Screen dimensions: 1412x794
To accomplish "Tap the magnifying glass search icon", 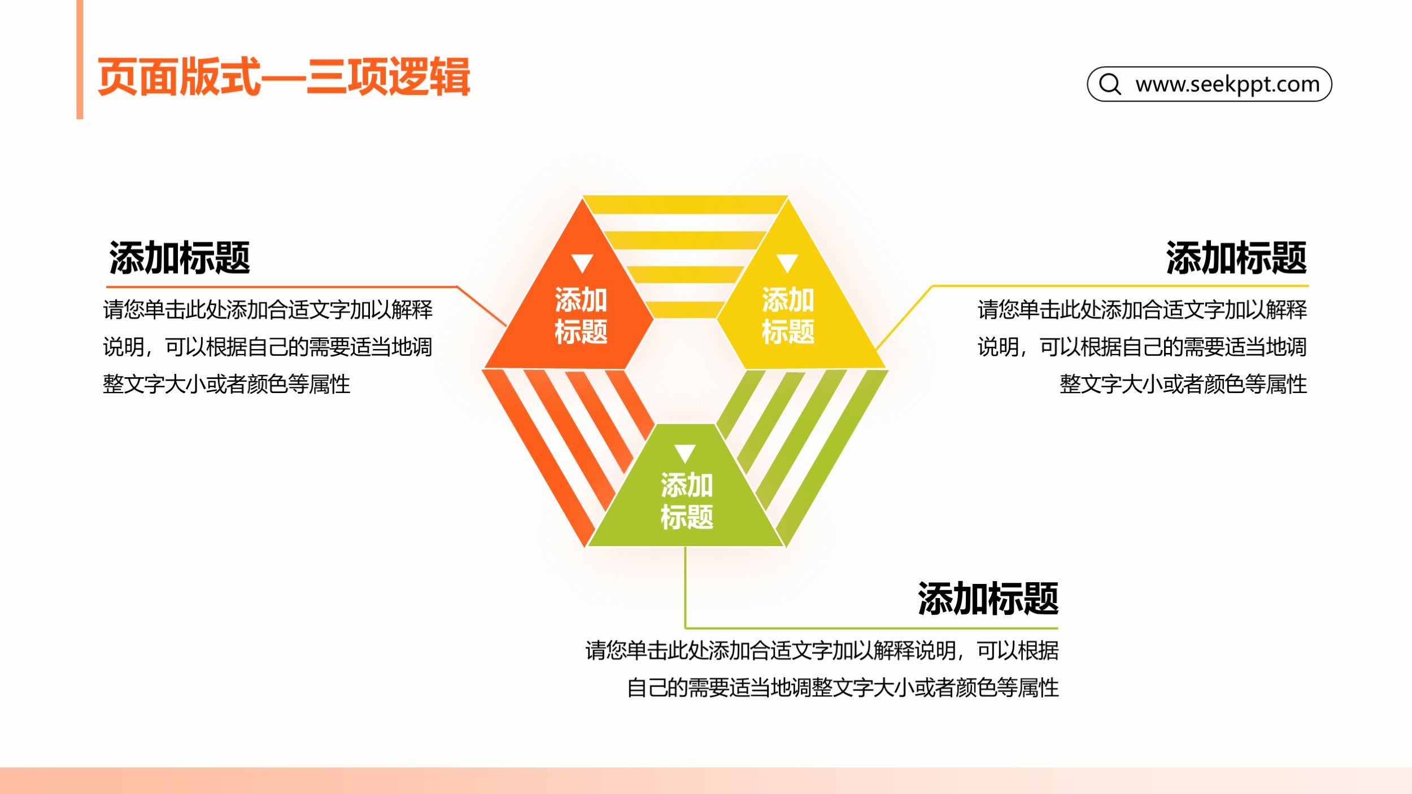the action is [1110, 84].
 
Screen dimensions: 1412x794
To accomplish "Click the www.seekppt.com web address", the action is [1227, 84].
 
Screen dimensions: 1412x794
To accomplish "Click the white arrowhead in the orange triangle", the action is [582, 263].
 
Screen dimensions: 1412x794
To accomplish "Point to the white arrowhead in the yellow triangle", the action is [787, 263].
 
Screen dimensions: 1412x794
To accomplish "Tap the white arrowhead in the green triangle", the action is [685, 453].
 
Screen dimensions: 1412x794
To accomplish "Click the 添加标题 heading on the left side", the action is [180, 258].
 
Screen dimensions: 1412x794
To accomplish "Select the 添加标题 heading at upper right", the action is [1236, 258].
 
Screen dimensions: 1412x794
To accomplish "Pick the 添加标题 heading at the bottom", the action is [988, 599].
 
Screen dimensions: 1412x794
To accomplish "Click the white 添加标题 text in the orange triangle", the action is [581, 316].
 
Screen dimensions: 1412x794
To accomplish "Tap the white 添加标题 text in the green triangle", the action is [687, 501].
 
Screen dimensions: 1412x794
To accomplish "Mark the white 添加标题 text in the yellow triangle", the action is [788, 316].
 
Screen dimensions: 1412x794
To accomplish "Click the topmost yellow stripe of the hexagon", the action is [685, 204].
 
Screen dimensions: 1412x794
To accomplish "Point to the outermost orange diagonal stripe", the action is [538, 457].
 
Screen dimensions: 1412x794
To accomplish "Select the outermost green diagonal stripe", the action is [832, 457].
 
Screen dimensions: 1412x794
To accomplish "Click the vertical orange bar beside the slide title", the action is [80, 59].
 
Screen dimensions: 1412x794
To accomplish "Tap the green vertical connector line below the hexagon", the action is [685, 587].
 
